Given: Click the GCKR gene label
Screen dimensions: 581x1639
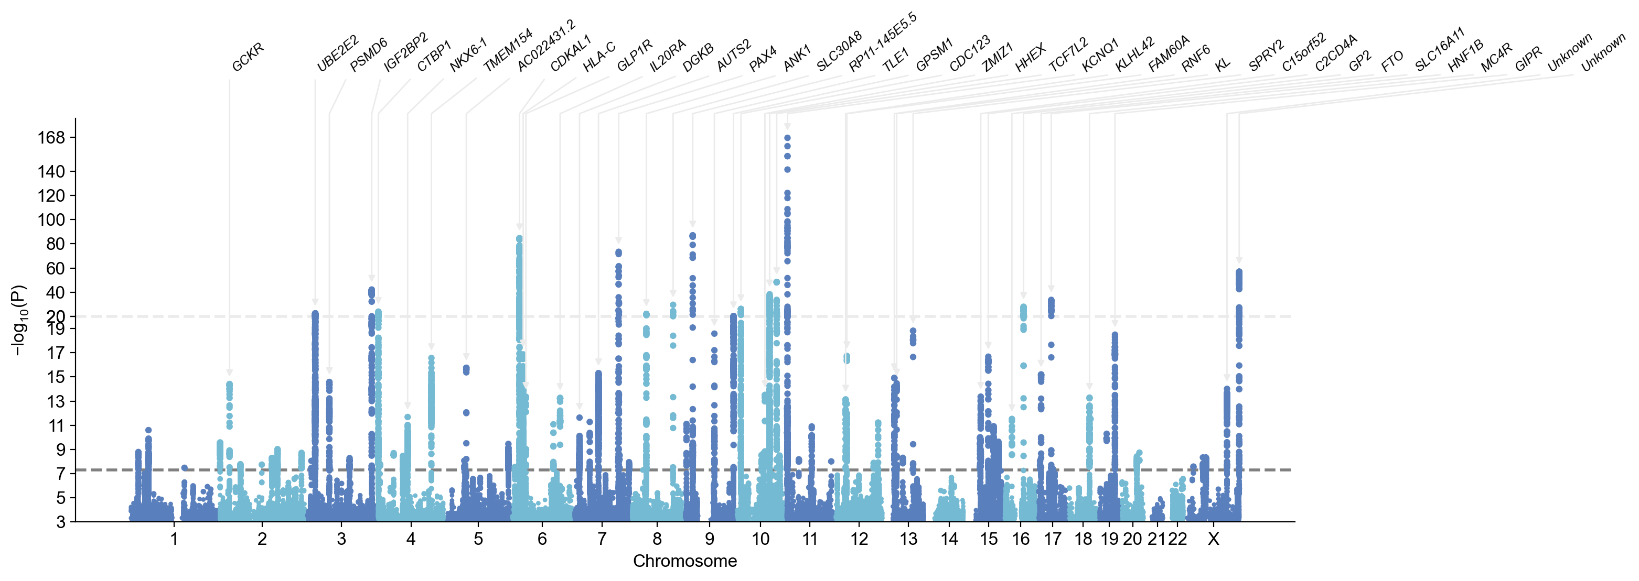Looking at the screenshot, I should pos(248,57).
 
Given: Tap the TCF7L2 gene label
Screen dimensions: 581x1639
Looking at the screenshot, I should pos(1068,54).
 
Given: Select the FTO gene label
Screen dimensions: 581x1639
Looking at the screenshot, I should pos(1392,60).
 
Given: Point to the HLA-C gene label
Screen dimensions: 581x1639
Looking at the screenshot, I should pos(599,57).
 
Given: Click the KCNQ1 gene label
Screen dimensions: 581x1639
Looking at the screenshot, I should pos(1100,54).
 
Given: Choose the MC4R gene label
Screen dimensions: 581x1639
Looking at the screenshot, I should pos(1496,58).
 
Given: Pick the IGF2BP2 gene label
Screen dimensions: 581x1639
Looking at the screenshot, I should pos(406,51).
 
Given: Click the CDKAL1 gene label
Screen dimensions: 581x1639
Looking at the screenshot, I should pos(571,53).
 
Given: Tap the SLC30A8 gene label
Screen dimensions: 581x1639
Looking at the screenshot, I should pos(839,50).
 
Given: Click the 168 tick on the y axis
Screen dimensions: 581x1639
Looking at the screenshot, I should pos(51,137).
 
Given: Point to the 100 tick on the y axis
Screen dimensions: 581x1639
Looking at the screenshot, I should pos(51,220).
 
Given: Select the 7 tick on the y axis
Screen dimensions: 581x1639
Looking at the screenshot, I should pos(60,474).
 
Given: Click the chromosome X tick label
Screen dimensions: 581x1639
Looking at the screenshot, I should pos(1213,539).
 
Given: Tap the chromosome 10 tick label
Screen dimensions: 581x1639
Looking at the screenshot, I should pos(760,539).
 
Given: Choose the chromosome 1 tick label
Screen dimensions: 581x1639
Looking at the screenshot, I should pos(174,539).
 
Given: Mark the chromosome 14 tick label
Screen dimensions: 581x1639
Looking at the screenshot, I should pos(949,539).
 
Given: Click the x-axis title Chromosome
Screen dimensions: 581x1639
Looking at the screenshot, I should pos(684,561).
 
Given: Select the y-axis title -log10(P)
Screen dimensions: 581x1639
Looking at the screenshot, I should pos(19,320).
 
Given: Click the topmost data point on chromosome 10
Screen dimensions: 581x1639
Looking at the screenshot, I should pos(788,137).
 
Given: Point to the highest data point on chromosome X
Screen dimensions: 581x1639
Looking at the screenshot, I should pos(1239,272).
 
